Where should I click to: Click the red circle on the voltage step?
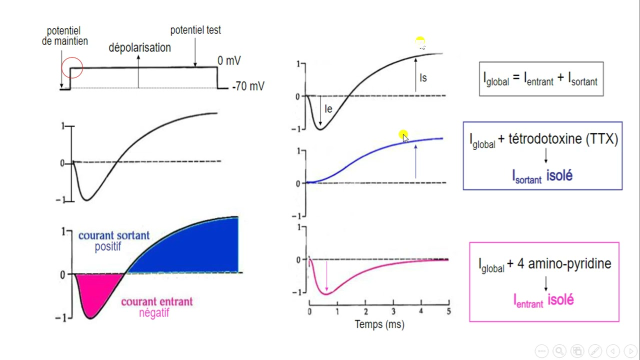click(72, 67)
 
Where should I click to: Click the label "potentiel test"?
click(195, 30)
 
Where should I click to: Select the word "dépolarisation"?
click(139, 47)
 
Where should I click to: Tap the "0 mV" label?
click(229, 61)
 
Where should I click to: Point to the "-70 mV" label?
click(248, 86)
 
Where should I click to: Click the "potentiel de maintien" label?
click(64, 36)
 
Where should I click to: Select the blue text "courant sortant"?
click(113, 235)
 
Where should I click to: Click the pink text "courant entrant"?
click(156, 301)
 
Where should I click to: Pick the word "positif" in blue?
click(108, 246)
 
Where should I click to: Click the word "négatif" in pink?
click(154, 313)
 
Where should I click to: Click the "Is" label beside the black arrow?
click(423, 78)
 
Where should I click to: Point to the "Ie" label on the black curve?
click(328, 109)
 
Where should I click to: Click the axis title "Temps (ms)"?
click(379, 324)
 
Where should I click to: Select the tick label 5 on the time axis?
click(448, 311)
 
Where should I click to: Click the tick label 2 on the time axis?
click(365, 311)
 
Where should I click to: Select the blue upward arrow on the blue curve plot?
click(415, 160)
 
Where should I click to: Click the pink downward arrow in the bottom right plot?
click(326, 275)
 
